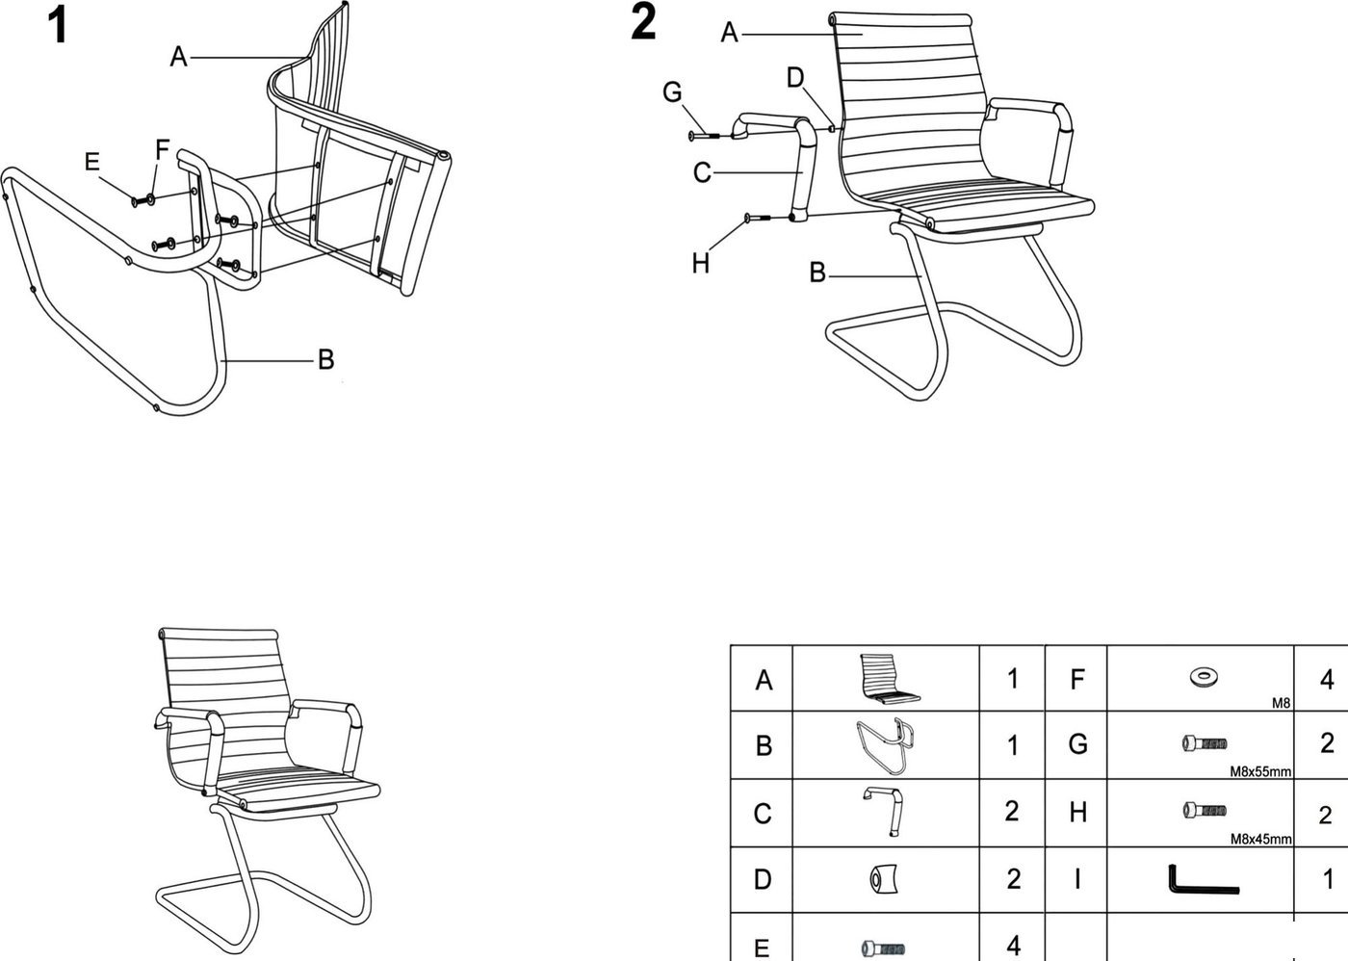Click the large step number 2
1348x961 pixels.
(x=643, y=22)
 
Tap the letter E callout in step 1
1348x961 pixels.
(x=91, y=162)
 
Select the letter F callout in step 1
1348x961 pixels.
(x=163, y=150)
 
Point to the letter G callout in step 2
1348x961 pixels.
(x=672, y=92)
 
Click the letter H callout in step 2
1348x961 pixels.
(x=701, y=263)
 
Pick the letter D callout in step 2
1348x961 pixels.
(x=795, y=78)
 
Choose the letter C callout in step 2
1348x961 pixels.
(x=702, y=172)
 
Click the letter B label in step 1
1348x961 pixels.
(x=325, y=360)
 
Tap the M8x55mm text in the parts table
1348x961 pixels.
(x=1260, y=771)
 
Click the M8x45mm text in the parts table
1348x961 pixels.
(x=1260, y=839)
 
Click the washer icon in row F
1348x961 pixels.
(x=1203, y=676)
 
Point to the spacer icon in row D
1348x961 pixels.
(x=883, y=880)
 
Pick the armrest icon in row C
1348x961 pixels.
(x=883, y=812)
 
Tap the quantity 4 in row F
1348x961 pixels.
(x=1327, y=680)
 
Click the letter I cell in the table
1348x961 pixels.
(x=1077, y=879)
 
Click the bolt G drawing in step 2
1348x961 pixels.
(x=704, y=136)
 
